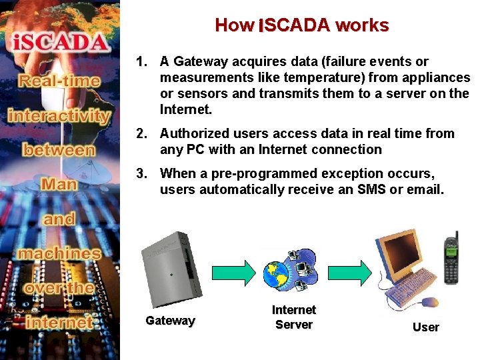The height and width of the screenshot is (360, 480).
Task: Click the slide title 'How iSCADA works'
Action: click(301, 25)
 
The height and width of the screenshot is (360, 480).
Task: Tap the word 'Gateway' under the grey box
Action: click(170, 321)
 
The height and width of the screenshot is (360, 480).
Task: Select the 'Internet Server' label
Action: click(294, 317)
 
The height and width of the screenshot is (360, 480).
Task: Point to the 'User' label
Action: click(426, 327)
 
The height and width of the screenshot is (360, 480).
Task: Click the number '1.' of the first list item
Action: click(141, 62)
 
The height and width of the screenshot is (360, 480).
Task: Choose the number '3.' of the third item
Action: click(141, 174)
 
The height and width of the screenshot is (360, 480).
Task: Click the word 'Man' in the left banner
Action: click(59, 183)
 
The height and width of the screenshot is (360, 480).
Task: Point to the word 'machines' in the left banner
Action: click(60, 253)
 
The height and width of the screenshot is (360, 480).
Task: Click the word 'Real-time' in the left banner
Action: click(60, 82)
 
